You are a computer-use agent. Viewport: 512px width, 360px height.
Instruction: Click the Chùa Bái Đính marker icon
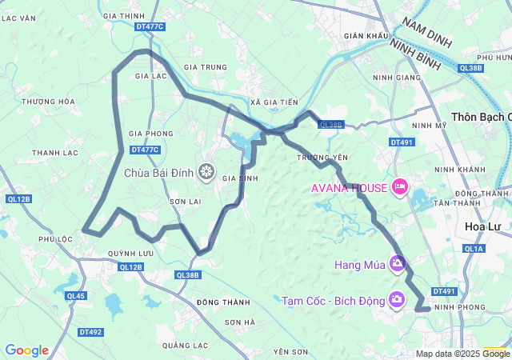(207, 171)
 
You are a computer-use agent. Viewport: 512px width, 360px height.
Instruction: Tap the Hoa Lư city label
(483, 226)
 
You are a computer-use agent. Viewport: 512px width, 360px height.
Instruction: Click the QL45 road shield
(76, 296)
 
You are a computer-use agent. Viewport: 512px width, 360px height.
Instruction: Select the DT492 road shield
(90, 331)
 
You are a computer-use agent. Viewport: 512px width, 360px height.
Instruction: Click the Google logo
(26, 350)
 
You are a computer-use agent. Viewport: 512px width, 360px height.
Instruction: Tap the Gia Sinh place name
(240, 178)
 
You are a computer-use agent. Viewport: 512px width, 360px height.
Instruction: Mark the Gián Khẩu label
(366, 36)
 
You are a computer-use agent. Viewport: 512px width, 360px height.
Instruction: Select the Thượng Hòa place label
(49, 102)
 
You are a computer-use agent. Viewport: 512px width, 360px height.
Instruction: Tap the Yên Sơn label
(290, 352)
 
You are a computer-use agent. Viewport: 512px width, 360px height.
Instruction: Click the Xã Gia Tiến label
(274, 102)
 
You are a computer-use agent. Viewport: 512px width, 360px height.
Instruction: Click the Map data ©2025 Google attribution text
(462, 354)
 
